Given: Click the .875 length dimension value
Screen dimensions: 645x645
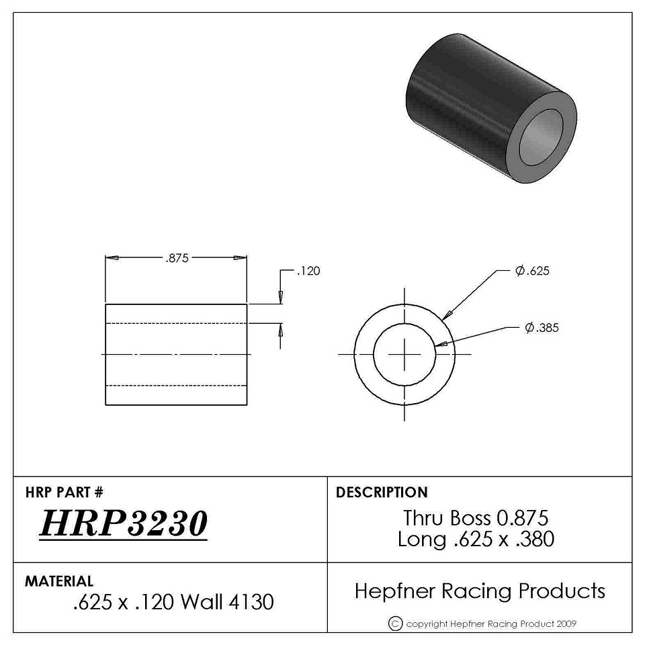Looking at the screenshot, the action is coord(177,258).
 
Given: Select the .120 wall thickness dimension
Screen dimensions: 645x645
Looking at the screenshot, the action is coord(308,271).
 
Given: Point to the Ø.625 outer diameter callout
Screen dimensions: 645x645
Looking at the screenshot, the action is coord(532,271).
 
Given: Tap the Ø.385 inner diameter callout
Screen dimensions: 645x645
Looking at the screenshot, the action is coord(542,327).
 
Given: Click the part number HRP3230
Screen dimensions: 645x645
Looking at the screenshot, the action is coord(124,523).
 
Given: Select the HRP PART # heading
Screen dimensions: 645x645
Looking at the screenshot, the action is coord(64,492).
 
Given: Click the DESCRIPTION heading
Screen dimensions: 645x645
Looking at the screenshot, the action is coord(382,492).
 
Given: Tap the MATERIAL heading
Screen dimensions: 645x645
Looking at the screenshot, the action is coord(59,580).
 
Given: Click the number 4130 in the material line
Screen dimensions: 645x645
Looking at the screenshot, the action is coord(251,602).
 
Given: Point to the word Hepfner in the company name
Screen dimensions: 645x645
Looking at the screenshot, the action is coord(395,591).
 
